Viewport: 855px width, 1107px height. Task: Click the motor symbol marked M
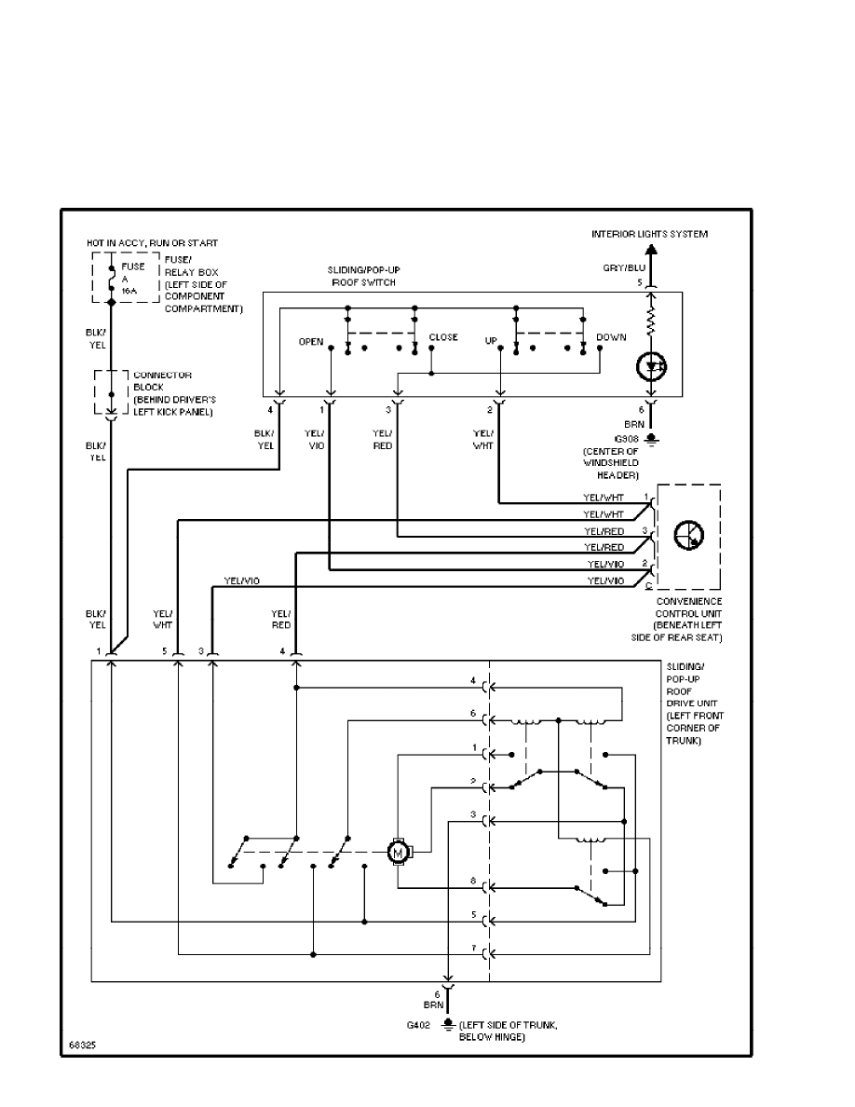coord(398,851)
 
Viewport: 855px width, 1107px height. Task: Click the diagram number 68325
coord(80,1045)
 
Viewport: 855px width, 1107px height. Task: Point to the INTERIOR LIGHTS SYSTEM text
coord(649,234)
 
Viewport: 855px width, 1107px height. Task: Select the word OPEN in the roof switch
coord(310,342)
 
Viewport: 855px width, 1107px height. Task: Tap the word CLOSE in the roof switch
coord(443,337)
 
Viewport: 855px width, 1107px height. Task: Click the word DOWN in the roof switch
coord(611,337)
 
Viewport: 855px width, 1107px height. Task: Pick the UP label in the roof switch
coord(491,342)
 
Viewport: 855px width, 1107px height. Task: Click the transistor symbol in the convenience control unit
coord(690,535)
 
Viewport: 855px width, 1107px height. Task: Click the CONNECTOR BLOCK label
coord(163,381)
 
